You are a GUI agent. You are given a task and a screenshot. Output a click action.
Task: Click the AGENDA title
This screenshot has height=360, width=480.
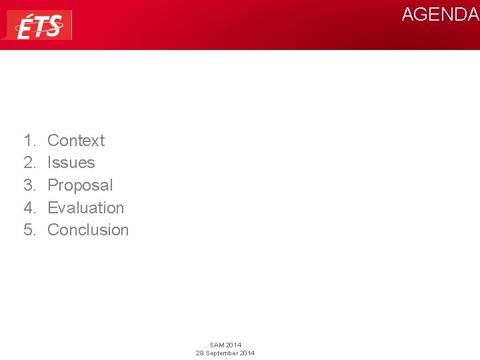pos(440,15)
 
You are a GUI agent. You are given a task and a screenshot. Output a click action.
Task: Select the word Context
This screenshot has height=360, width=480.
pos(76,141)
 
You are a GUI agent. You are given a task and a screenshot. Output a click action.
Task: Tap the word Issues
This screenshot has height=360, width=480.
pos(71,163)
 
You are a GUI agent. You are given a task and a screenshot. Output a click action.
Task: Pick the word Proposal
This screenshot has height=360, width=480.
pos(80,185)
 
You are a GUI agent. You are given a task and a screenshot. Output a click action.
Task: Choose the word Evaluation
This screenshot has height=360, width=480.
pos(86,208)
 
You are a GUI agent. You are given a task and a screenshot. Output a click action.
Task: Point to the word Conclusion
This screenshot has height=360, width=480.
pos(88,230)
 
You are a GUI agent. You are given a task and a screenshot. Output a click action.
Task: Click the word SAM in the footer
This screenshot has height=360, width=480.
pos(217,345)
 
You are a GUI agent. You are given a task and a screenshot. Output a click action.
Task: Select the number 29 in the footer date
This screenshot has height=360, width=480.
pos(199,353)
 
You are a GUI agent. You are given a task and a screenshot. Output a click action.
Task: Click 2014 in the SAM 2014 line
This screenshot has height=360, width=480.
pos(233,345)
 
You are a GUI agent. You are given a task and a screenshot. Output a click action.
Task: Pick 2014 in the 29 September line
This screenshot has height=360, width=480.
pos(247,353)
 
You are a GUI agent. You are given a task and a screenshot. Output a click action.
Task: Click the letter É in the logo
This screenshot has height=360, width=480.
pos(24,27)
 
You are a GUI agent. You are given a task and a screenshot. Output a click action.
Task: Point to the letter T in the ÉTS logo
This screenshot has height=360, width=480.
pos(39,28)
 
